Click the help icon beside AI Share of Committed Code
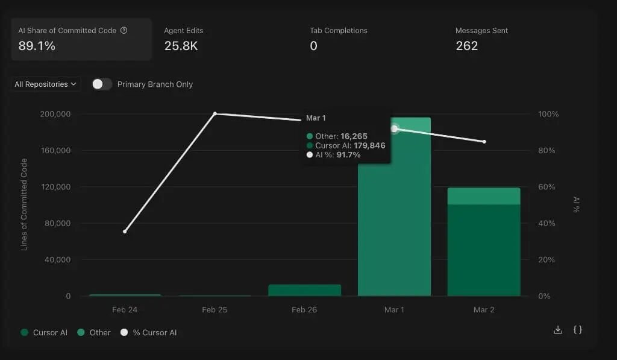coord(124,30)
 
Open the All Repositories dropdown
coord(46,84)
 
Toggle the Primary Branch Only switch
coord(102,84)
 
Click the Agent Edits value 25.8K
coord(181,46)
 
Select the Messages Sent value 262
coord(467,46)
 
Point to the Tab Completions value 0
coord(313,46)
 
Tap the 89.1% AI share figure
coord(37,46)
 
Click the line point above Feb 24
coord(125,231)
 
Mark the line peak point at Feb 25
coord(215,114)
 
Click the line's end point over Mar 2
coord(484,142)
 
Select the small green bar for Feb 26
coord(304,290)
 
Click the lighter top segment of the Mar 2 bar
coord(484,196)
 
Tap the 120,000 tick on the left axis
coord(56,187)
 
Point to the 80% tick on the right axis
coord(547,151)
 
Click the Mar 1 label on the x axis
coord(394,309)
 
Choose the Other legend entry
coord(94,332)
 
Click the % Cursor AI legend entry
coord(149,332)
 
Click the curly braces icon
coord(577,330)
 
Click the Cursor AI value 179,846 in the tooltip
coord(369,145)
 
